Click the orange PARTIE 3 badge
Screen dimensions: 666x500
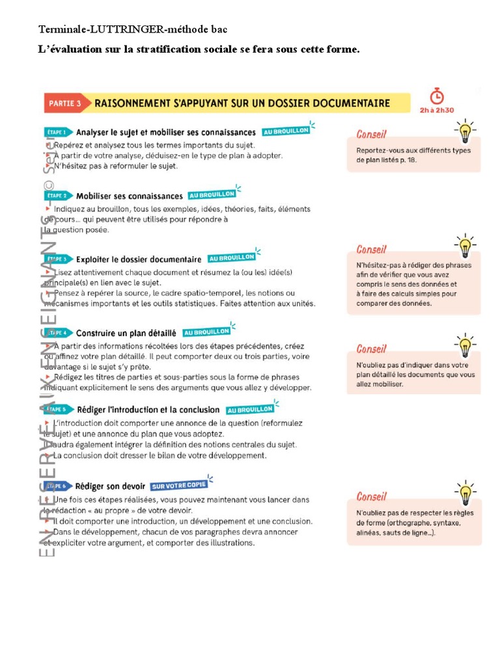click(x=65, y=103)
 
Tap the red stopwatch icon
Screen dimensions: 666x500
click(x=437, y=96)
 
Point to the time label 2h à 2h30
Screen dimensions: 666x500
click(x=437, y=110)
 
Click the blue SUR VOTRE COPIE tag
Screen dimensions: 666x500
click(x=178, y=485)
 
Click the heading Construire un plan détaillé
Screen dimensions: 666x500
click(x=126, y=332)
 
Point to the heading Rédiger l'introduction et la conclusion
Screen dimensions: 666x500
click(x=148, y=410)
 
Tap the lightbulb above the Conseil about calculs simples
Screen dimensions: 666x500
click(x=465, y=246)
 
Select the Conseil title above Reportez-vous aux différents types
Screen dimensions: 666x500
click(x=371, y=135)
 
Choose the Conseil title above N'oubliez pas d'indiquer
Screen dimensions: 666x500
click(x=371, y=349)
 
